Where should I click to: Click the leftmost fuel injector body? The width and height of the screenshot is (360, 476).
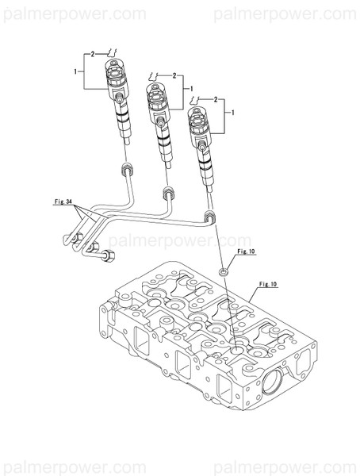tap(118, 103)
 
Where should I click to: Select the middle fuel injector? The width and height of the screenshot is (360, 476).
tap(161, 119)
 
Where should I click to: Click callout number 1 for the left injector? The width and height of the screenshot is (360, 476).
tap(76, 72)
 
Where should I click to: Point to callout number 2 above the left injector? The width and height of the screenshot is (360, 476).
tap(93, 53)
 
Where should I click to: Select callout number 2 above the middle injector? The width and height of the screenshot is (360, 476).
tap(174, 75)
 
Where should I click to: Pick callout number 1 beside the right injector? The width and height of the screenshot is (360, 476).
tap(232, 113)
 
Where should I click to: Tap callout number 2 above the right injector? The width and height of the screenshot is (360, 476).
tap(216, 99)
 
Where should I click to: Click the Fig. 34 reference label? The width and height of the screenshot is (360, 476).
tap(64, 204)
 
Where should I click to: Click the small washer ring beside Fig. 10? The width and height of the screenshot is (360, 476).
tap(224, 272)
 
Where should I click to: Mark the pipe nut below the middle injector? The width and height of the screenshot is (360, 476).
tap(167, 192)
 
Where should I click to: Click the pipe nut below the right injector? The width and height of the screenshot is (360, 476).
tap(209, 217)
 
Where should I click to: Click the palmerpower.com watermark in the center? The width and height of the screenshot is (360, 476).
tap(179, 240)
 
